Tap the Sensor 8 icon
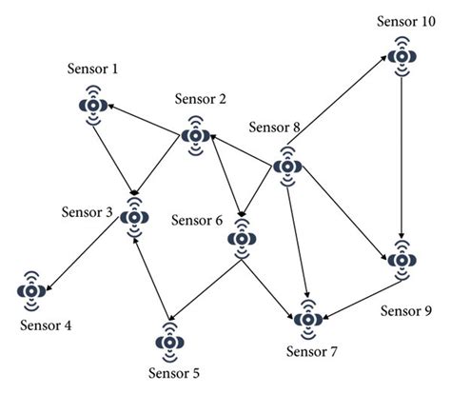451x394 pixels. [x=287, y=166]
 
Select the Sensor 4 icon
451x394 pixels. [x=32, y=290]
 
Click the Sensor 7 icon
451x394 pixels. [x=306, y=317]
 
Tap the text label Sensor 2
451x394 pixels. [x=200, y=100]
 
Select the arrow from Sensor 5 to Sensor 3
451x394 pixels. [x=152, y=276]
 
